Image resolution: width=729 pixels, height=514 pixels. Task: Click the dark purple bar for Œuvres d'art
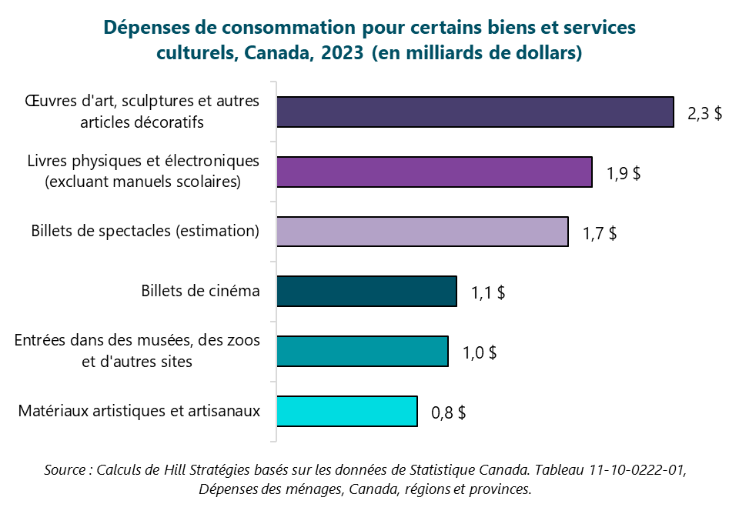[x=475, y=112]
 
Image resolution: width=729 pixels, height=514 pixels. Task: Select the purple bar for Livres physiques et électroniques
[x=434, y=172]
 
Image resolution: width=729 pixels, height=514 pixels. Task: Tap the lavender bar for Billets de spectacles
[x=422, y=232]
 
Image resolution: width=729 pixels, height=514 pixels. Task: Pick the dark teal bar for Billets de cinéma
[x=366, y=292]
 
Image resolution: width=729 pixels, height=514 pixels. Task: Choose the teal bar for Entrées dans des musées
[x=362, y=352]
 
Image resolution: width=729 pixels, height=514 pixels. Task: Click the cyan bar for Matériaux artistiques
[x=346, y=412]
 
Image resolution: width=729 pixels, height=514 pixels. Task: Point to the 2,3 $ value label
[x=704, y=113]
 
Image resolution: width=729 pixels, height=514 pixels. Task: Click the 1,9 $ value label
[x=624, y=172]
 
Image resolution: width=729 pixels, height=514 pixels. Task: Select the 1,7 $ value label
[x=599, y=232]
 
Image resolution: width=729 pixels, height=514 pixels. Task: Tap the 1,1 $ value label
[x=488, y=292]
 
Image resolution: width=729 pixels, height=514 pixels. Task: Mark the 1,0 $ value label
[x=480, y=352]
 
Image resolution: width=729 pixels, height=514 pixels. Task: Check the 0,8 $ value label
[x=449, y=412]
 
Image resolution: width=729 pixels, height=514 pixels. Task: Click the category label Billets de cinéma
[x=200, y=292]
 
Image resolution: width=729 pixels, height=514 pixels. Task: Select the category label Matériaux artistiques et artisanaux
[x=139, y=412]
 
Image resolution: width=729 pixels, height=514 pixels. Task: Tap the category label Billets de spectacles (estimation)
[x=145, y=232]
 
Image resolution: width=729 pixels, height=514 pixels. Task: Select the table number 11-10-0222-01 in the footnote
[x=630, y=470]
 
